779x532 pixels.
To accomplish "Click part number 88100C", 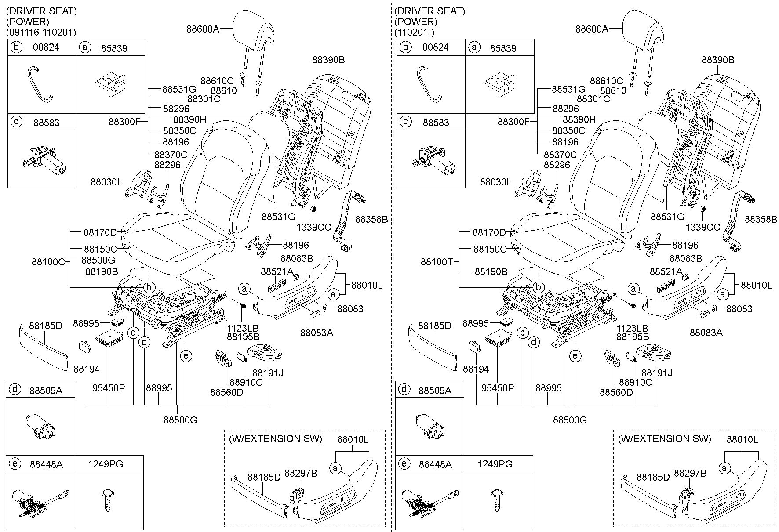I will [x=48, y=262].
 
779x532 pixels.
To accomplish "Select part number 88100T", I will [x=437, y=262].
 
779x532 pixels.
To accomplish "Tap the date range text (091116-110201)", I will [x=41, y=33].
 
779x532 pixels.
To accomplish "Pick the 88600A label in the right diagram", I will [x=592, y=29].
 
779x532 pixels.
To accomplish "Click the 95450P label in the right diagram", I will [x=498, y=388].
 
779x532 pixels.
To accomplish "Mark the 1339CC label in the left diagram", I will [x=314, y=227].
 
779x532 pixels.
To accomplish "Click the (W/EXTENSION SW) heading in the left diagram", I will [x=275, y=438].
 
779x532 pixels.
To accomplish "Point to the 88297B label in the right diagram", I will [x=690, y=473].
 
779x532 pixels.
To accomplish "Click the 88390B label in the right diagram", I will [x=718, y=60].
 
